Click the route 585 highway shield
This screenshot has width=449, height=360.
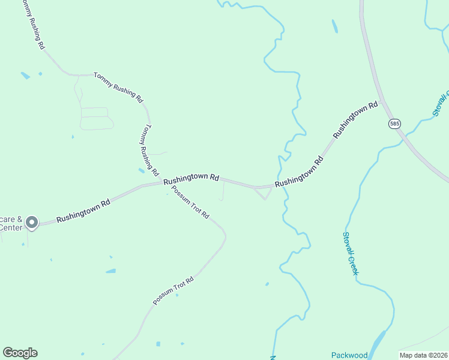(394, 124)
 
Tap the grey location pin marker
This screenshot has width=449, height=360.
(32, 223)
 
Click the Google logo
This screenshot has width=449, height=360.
(20, 353)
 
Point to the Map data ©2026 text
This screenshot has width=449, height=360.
(423, 355)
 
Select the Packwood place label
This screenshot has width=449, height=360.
(349, 355)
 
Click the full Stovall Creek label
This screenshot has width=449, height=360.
(351, 254)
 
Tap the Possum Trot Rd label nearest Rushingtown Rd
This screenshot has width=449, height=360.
(190, 202)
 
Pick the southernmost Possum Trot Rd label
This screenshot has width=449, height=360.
(174, 290)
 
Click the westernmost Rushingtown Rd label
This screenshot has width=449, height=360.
(84, 212)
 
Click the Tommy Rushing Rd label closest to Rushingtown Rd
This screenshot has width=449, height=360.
(148, 148)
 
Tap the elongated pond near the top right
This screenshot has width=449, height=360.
(334, 26)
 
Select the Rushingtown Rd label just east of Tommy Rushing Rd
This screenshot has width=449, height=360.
(191, 178)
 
